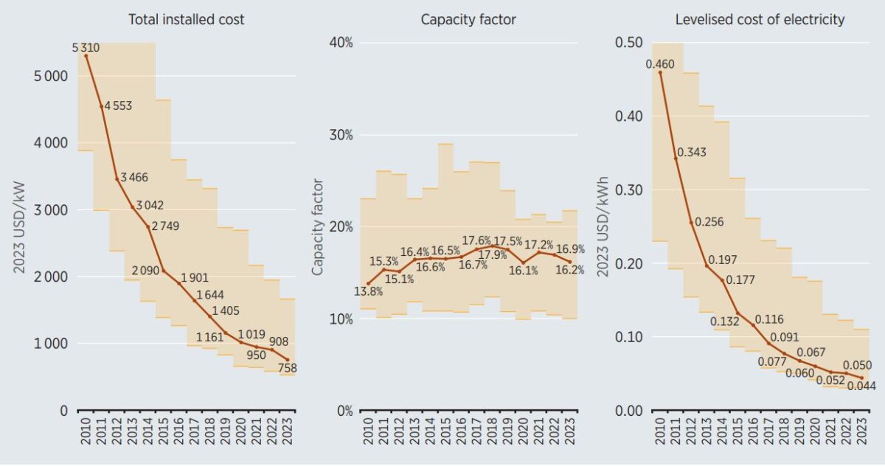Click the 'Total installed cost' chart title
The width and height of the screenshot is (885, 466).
[186, 20]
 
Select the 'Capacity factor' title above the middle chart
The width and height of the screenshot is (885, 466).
[468, 20]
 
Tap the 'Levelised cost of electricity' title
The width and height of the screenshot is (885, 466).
[760, 20]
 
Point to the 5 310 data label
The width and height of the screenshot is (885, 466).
[86, 48]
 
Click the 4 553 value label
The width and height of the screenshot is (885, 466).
[118, 105]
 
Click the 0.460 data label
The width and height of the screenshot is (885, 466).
[659, 64]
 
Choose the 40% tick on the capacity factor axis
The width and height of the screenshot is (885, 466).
[340, 43]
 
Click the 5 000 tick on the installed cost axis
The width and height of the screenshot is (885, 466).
[52, 76]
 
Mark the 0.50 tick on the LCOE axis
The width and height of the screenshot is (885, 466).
[629, 43]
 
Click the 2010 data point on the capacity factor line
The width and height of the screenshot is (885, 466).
[368, 283]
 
